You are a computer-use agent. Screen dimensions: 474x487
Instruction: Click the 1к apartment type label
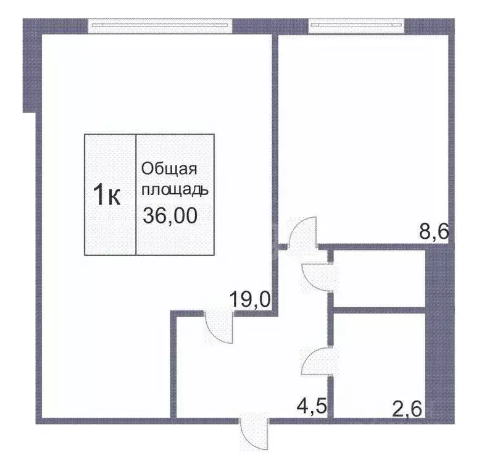[106, 195]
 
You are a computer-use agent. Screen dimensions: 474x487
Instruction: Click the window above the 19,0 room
[160, 26]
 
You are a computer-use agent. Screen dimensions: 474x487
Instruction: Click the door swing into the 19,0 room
[219, 328]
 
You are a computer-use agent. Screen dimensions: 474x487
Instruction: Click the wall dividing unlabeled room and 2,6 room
[379, 309]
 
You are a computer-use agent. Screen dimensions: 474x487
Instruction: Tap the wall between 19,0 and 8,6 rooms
[275, 142]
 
